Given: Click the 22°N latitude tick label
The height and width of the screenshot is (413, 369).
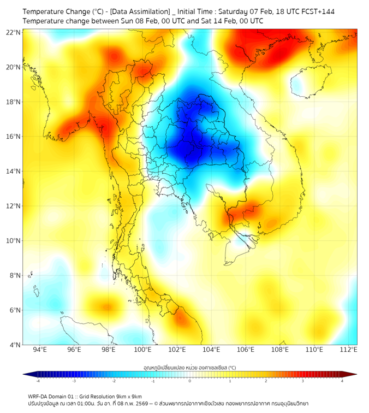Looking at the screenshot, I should [x=14, y=32].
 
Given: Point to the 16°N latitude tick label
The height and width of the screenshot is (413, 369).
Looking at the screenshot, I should [x=14, y=137].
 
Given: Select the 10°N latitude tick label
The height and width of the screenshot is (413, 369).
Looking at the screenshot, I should [x=14, y=241].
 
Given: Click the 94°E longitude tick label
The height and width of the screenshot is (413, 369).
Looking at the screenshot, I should [x=40, y=350].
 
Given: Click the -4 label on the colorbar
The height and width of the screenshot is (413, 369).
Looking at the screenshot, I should [x=38, y=381].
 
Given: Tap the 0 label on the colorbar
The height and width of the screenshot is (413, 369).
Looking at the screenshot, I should [x=190, y=381].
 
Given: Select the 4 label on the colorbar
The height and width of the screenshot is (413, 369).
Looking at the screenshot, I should [x=342, y=381].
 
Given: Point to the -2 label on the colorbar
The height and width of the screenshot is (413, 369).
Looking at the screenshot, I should [x=114, y=381].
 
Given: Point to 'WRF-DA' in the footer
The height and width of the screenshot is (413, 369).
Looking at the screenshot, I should [x=39, y=397].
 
